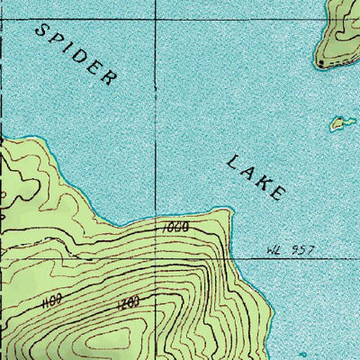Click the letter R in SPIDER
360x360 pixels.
pos(110,78)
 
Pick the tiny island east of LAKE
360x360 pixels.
pos(339,122)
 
